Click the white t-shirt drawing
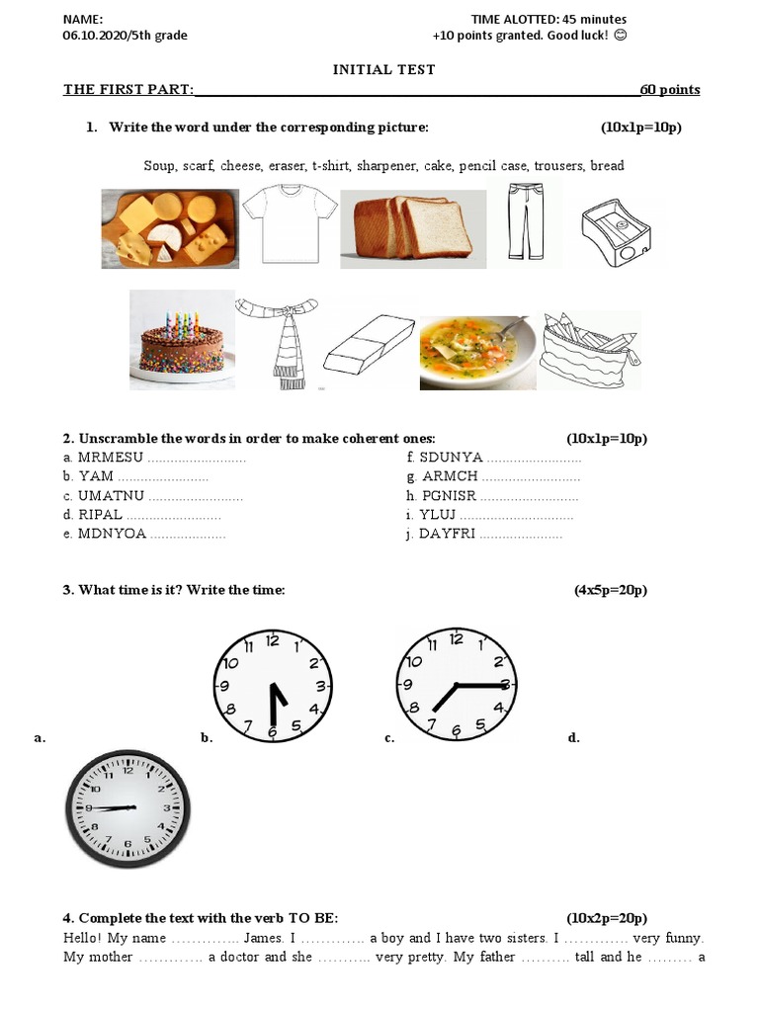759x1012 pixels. point(290,226)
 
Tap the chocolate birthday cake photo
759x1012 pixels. point(182,340)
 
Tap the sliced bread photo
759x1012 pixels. point(413,230)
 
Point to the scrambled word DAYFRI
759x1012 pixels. point(448,534)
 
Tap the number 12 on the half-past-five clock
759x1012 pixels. point(273,639)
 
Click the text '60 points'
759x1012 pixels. point(670,90)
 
